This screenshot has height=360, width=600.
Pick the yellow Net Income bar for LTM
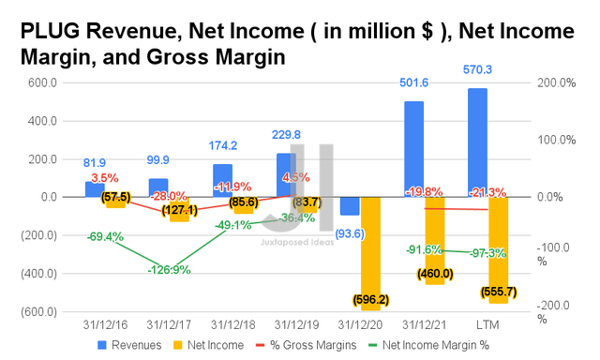click(x=497, y=249)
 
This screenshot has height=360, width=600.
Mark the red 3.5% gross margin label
click(x=105, y=177)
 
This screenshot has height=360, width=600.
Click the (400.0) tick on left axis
click(x=37, y=274)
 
